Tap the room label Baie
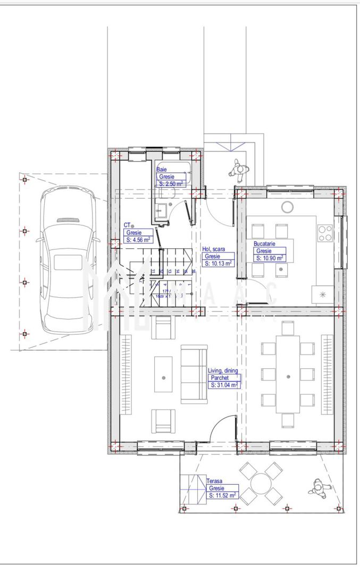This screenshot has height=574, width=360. click(161, 170)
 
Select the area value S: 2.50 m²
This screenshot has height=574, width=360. click(171, 183)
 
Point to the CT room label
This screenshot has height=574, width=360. click(127, 225)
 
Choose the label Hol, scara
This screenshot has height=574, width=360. click(214, 249)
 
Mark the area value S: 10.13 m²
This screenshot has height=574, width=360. click(218, 263)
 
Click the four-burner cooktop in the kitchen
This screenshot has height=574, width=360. click(325, 233)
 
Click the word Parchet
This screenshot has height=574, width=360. click(220, 377)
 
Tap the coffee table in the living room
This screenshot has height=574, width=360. click(163, 374)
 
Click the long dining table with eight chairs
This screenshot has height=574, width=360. click(288, 375)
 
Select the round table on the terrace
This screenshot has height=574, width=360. click(261, 483)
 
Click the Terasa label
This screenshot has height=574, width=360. click(214, 481)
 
